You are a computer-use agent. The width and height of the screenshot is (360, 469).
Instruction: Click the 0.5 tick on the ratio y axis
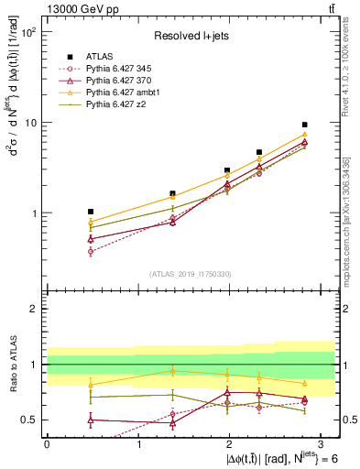(28, 420)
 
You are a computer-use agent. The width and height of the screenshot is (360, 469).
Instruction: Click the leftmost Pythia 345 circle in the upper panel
(90, 251)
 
